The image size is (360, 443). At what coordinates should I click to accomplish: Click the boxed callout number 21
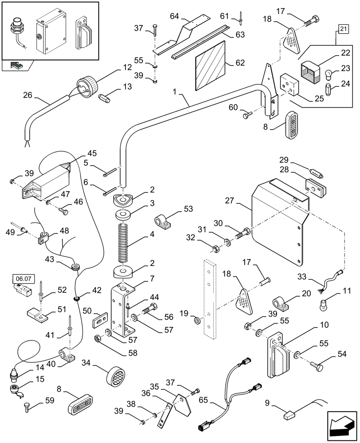click(343, 29)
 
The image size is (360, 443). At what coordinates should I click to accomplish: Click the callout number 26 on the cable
click(27, 95)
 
